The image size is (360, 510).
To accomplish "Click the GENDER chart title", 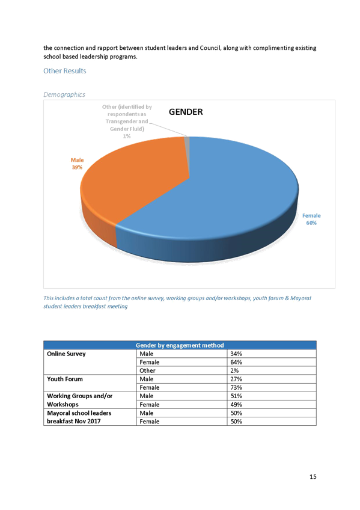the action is [x=186, y=112].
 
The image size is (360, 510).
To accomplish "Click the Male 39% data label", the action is [x=77, y=164].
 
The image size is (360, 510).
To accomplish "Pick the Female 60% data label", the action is [x=311, y=220].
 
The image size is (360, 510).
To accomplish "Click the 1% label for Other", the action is [x=127, y=137].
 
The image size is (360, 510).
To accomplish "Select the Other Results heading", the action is [x=65, y=71].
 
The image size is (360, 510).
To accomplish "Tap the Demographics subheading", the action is [x=64, y=94].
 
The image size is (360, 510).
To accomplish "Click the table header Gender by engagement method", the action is [x=180, y=345].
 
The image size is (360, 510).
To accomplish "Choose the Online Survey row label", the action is [x=66, y=354].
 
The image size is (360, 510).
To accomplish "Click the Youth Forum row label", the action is [x=65, y=379].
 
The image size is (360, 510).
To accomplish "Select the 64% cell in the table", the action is [x=236, y=362].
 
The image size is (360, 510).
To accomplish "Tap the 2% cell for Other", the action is [x=234, y=371].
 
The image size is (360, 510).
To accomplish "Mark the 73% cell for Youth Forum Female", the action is [x=236, y=388].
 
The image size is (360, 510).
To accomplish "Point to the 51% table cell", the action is [x=236, y=396].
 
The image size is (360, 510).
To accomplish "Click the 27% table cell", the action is [x=236, y=379].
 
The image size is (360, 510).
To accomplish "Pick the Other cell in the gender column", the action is [x=147, y=371].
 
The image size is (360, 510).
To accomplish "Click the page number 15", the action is [x=313, y=477].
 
